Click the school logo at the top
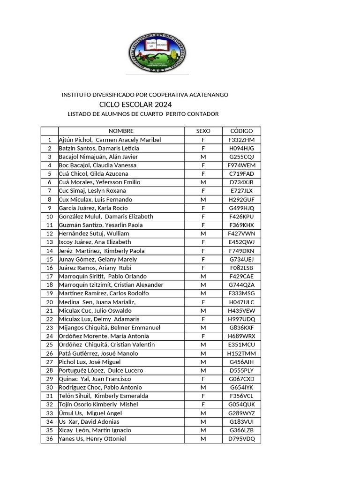pos(157,52)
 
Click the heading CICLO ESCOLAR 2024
pos(135,104)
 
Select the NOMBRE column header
pos(121,131)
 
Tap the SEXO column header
pos(203,131)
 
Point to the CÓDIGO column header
pos(241,131)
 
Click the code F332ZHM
pos(241,140)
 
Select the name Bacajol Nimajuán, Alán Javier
pos(98,157)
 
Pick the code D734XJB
pos(241,182)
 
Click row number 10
pos(49,217)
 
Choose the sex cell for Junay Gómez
pos(203,259)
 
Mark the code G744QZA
pos(241,285)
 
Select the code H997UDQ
pos(241,319)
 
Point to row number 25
pos(49,345)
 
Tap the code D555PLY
pos(241,370)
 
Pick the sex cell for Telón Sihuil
pos(203,396)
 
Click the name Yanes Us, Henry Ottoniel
pos(92,439)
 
